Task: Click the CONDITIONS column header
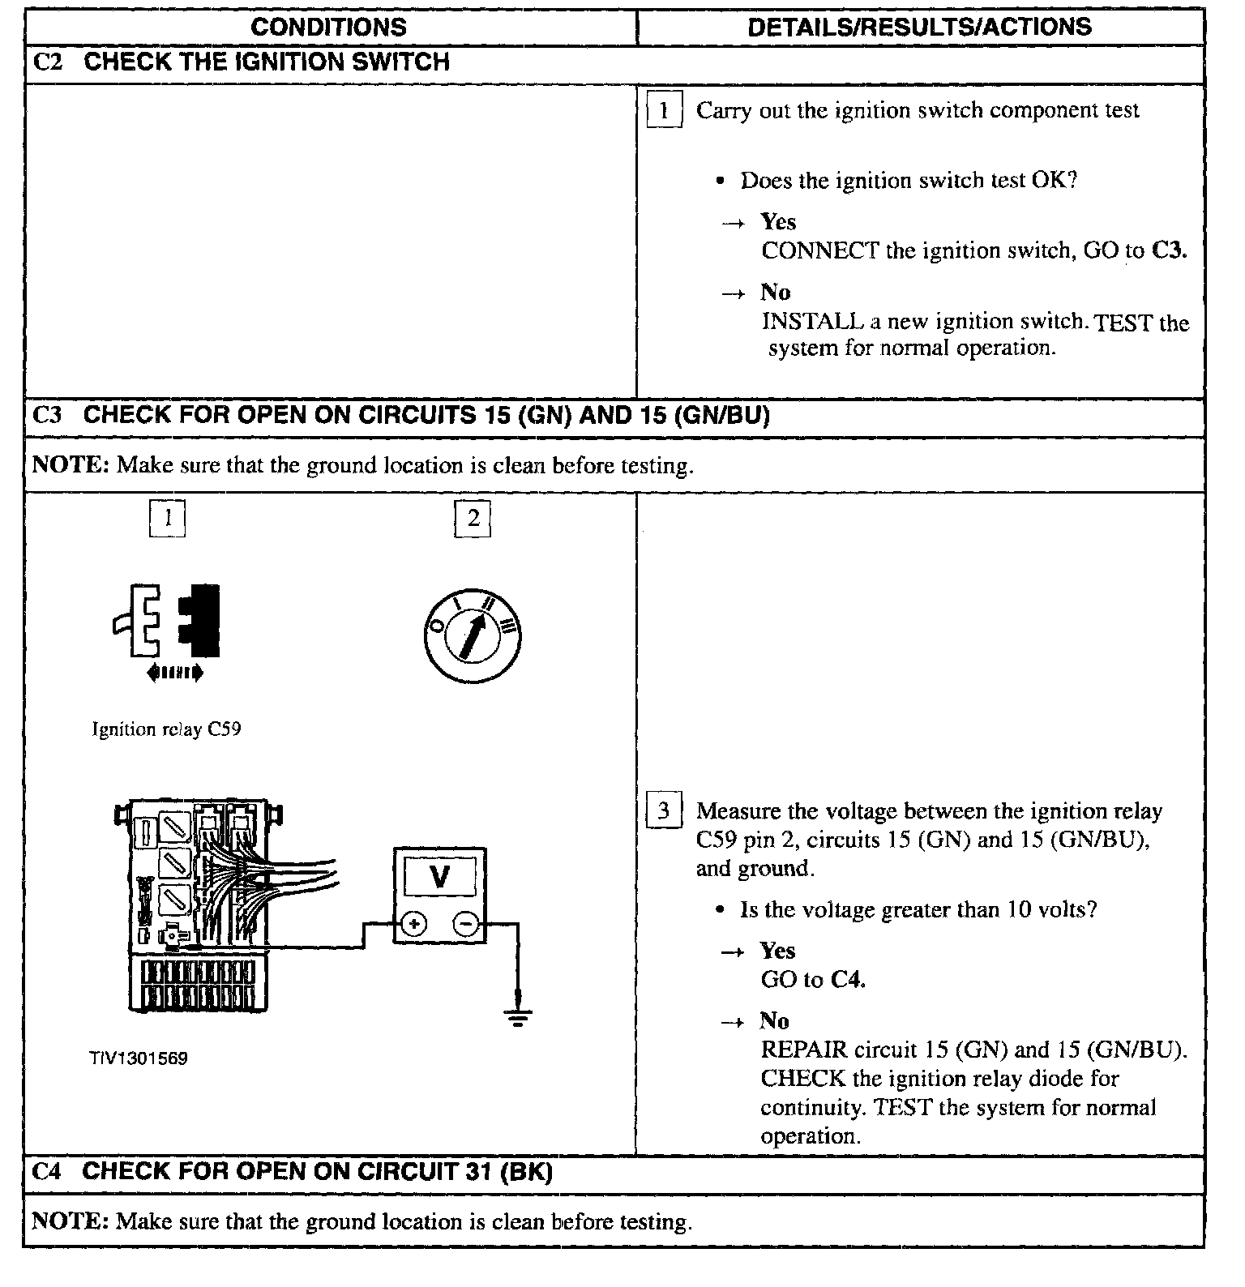click(328, 27)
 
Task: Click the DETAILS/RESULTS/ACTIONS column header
click(919, 27)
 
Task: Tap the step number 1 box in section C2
click(663, 110)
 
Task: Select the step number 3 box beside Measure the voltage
click(663, 811)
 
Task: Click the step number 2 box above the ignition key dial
click(473, 519)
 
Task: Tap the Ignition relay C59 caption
click(166, 729)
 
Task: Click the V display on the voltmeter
click(439, 876)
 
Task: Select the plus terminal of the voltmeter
click(414, 923)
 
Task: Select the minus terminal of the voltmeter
click(465, 923)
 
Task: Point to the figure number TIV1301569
click(139, 1058)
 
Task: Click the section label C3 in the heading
click(47, 415)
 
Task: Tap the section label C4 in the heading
click(47, 1171)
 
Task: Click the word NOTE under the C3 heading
click(70, 465)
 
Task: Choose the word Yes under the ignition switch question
click(778, 222)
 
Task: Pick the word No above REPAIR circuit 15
click(774, 1020)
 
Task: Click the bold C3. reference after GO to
click(1169, 250)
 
